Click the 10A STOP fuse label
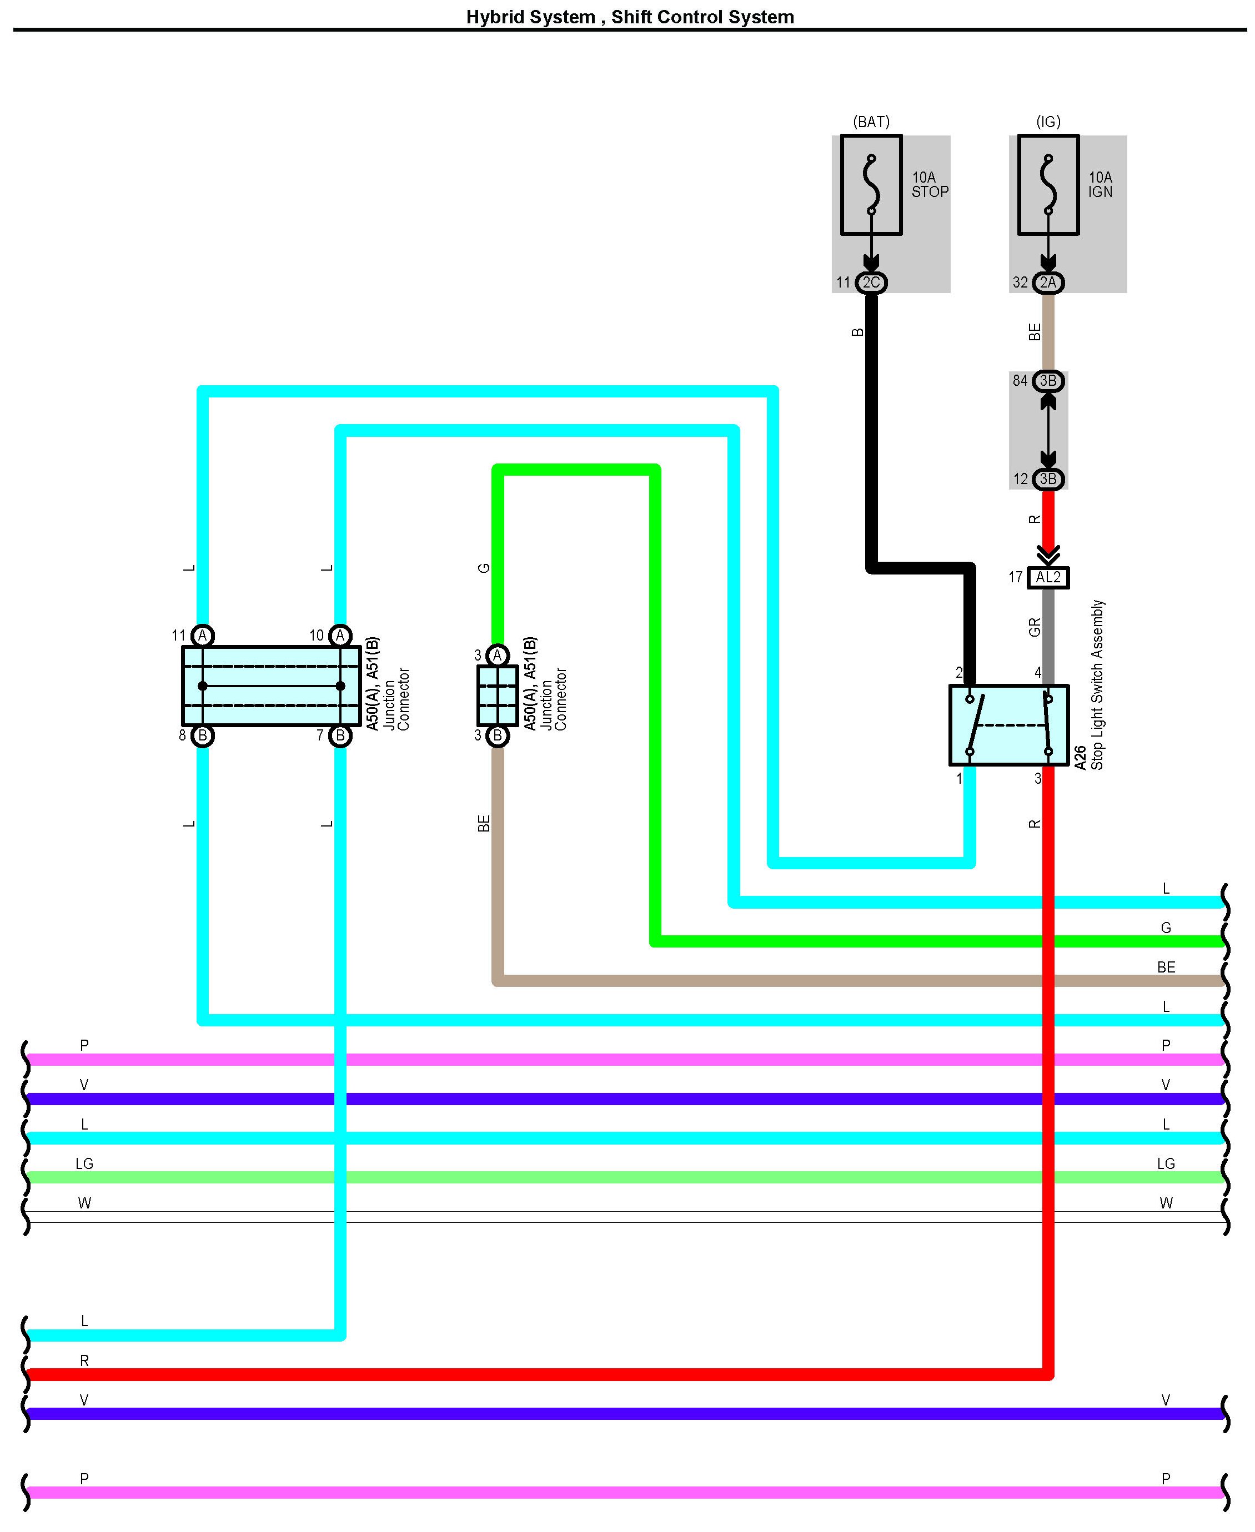pos(929,184)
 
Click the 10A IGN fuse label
pos(1100,184)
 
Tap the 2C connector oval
pos(871,283)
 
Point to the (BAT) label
pos(871,122)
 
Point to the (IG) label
pos(1048,122)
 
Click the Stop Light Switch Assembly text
pos(1097,684)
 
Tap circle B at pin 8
pos(203,735)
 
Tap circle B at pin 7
pos(340,735)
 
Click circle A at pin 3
pos(498,656)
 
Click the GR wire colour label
pos(1035,627)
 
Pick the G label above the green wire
pos(484,568)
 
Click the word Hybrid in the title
pos(494,17)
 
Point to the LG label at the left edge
pos(84,1163)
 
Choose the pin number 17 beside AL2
pos(1016,577)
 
